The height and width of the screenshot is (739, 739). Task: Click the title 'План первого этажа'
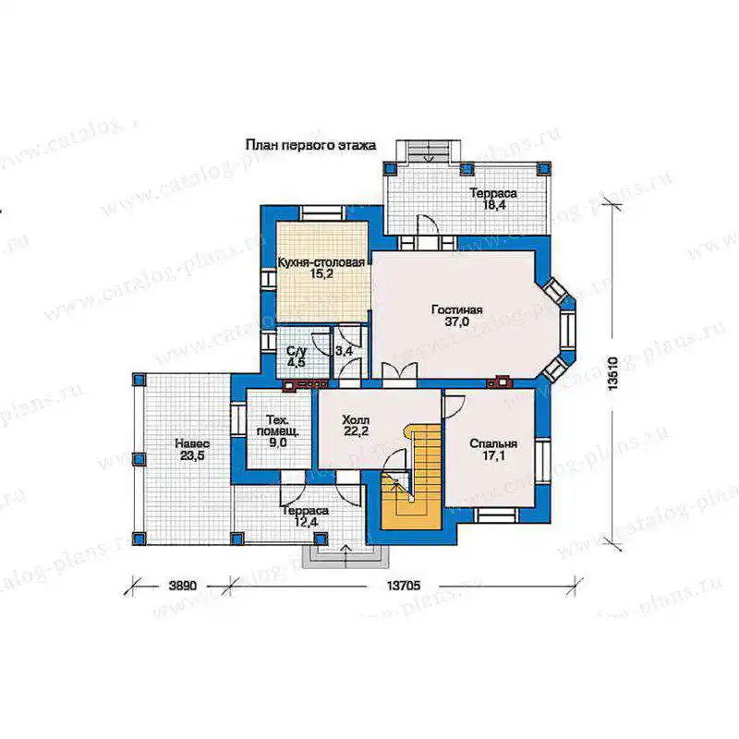click(x=310, y=145)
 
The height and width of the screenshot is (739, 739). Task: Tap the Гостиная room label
click(x=456, y=309)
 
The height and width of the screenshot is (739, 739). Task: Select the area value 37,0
click(x=456, y=322)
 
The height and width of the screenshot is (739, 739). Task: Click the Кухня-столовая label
click(x=321, y=262)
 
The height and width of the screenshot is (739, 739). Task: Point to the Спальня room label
click(x=493, y=443)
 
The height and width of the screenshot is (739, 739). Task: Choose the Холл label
click(x=356, y=419)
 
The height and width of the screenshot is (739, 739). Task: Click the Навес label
click(x=192, y=443)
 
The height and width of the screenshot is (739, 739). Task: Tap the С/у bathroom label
click(x=297, y=351)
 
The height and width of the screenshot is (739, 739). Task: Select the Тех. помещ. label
click(x=278, y=425)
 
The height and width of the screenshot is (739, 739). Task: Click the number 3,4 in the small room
click(x=344, y=351)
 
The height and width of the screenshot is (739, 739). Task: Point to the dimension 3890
click(x=182, y=586)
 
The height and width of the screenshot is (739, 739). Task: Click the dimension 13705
click(x=404, y=586)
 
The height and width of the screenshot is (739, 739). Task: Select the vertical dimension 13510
click(x=612, y=373)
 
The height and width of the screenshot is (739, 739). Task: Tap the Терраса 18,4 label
click(x=493, y=199)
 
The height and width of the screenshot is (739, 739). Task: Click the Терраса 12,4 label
click(x=306, y=516)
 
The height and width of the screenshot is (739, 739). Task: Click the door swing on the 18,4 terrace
click(x=428, y=224)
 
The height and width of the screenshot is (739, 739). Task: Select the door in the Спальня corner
click(x=454, y=406)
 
